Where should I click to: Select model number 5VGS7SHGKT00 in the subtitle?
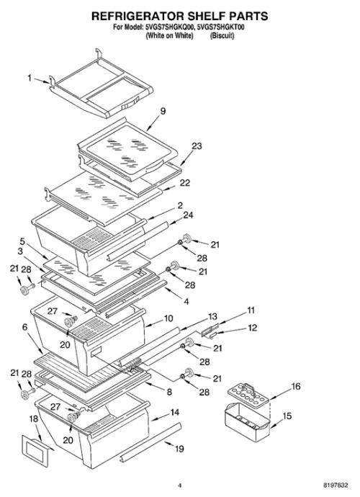(220, 27)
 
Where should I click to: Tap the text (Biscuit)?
(222, 35)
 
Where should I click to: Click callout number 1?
(30, 78)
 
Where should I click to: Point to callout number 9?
(163, 111)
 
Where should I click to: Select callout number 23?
(197, 146)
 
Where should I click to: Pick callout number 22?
(185, 183)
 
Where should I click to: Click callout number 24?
(188, 215)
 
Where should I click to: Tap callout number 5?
(22, 241)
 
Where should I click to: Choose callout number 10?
(168, 318)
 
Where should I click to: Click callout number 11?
(251, 310)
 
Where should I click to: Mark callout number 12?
(252, 328)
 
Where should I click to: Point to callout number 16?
(296, 386)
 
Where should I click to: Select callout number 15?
(287, 416)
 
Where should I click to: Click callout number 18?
(34, 418)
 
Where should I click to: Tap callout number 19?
(179, 449)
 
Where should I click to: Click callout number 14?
(175, 413)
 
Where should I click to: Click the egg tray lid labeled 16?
(248, 395)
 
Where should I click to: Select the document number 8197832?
(336, 485)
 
